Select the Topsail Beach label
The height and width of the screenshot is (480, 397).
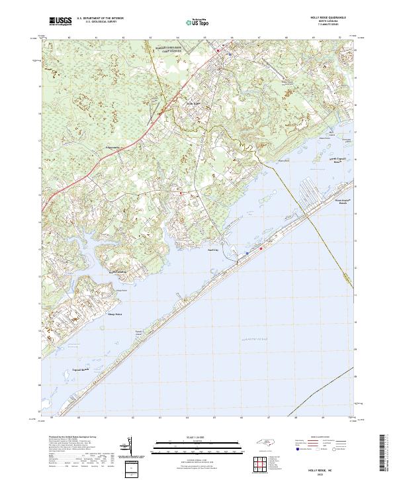[x=81, y=369]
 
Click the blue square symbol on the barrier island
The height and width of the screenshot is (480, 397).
[x=247, y=252]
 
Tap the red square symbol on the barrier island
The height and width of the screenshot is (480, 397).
[x=261, y=249]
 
